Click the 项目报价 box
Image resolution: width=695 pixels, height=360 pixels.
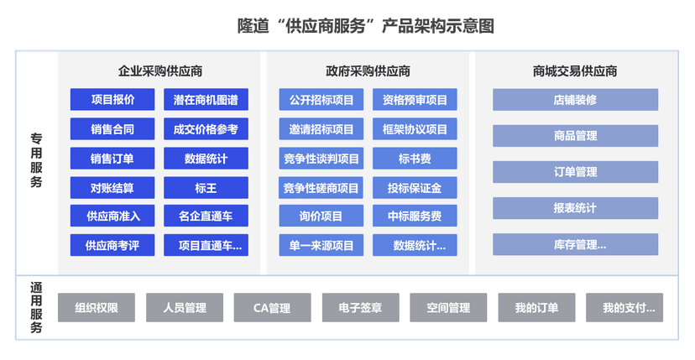(112, 100)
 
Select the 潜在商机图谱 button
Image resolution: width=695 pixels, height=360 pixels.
(206, 100)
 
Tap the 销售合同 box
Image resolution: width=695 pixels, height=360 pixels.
(112, 129)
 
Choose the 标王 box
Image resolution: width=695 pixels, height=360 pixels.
(206, 187)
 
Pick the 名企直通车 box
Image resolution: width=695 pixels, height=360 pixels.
(206, 216)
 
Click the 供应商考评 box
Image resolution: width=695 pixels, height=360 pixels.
(112, 245)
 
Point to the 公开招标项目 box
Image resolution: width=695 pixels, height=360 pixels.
(321, 100)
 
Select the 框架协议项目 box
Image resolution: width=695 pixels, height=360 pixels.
(415, 129)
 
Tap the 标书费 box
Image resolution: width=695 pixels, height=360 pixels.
(415, 158)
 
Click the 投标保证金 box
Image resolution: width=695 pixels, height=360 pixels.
(415, 187)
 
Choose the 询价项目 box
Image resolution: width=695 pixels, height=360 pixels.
(321, 216)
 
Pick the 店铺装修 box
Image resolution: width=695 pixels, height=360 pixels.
(575, 100)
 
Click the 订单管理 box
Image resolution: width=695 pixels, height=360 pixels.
(575, 172)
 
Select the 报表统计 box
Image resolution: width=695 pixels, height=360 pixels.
(575, 208)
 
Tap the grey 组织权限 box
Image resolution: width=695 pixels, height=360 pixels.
(96, 307)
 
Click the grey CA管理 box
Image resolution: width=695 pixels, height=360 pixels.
(272, 307)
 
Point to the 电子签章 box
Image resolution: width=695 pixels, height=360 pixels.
(360, 307)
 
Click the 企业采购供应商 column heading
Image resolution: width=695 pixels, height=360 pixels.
(159, 71)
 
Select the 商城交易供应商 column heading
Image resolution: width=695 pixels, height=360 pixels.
(575, 71)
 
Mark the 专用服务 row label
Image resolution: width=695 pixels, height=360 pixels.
(36, 159)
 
